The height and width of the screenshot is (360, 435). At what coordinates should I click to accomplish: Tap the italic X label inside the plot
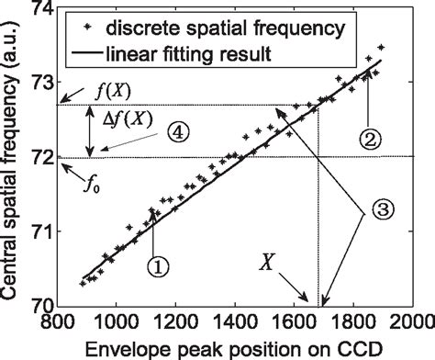tap(267, 262)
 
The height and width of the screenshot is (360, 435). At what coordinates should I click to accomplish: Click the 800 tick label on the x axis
tap(58, 323)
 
